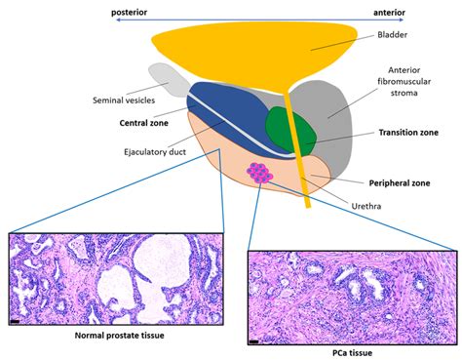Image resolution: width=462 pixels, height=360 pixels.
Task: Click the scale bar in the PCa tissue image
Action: pos(253,340)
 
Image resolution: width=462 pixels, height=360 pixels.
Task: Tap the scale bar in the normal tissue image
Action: pos(14,319)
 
